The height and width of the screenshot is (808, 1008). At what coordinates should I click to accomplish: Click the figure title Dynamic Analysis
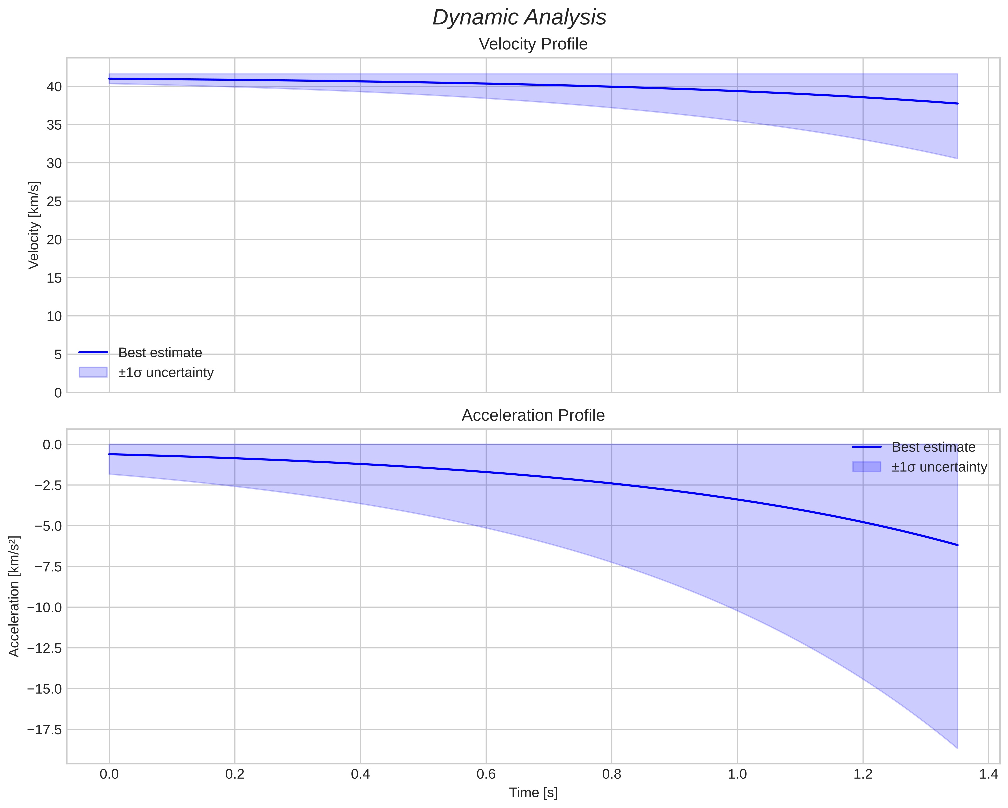pos(519,18)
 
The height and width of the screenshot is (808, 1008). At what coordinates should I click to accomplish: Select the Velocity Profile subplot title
pos(533,44)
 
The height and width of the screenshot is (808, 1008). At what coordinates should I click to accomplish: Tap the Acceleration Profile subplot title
pos(533,415)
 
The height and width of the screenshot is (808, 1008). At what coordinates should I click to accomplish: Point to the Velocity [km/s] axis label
pos(34,225)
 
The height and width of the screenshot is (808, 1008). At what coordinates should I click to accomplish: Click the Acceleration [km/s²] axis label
pos(14,596)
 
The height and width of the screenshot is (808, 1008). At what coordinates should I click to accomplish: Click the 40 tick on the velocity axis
pos(54,87)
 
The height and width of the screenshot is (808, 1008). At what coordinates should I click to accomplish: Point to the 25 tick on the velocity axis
pos(54,202)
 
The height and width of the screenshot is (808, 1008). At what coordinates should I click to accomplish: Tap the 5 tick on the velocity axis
pos(58,354)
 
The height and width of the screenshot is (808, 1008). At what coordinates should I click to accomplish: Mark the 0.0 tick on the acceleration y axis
pos(52,445)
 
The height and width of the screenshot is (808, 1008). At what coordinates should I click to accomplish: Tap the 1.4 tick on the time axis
pos(988,774)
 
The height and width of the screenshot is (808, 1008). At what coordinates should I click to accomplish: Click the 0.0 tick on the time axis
pos(109,774)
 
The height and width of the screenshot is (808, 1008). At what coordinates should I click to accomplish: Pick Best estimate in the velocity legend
pos(160,353)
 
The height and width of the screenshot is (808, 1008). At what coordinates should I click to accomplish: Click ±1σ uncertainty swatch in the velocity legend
pos(93,372)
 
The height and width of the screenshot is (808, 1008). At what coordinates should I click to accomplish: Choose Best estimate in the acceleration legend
pos(933,447)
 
